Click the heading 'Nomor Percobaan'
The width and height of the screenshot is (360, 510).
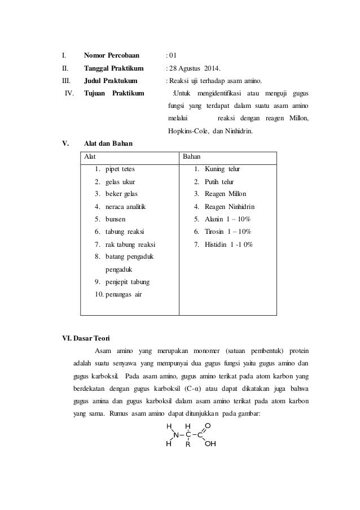pyautogui.click(x=111, y=56)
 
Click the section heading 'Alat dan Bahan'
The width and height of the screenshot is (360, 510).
pyautogui.click(x=108, y=143)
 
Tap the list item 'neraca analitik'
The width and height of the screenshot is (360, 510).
pyautogui.click(x=125, y=207)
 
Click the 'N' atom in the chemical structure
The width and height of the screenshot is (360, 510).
pyautogui.click(x=176, y=435)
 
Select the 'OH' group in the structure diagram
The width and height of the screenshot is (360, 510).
pyautogui.click(x=210, y=444)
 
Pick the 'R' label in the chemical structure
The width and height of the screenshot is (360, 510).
pyautogui.click(x=188, y=444)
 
